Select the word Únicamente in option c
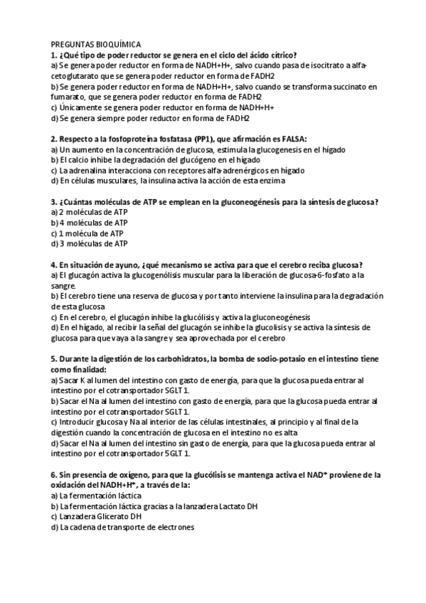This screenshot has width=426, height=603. (81, 107)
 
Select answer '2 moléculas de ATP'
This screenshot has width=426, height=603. (90, 212)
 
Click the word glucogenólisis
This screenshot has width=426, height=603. (157, 275)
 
